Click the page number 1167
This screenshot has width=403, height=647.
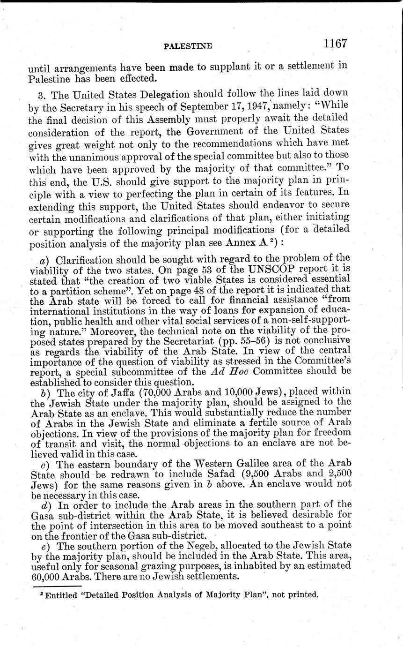tap(334, 44)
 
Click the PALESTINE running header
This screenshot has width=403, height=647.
tap(188, 46)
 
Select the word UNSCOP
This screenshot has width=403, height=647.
tap(261, 270)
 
